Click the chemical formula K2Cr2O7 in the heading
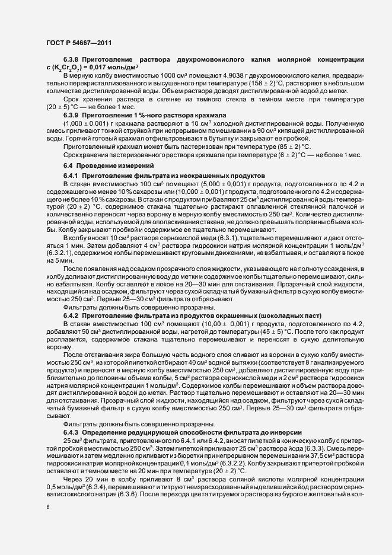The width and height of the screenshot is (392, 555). click(x=78, y=85)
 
